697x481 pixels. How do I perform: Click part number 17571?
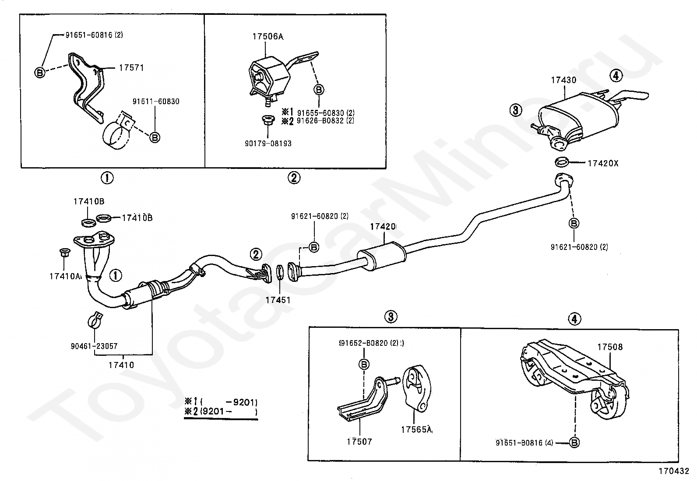tap(131, 68)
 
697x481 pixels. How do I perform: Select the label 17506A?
tap(268, 37)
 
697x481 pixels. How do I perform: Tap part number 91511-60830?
tap(156, 102)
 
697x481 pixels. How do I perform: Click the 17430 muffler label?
tap(563, 80)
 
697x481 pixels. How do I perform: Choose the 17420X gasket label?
tap(603, 163)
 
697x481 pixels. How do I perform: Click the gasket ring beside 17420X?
tap(562, 162)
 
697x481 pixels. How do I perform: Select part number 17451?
tap(278, 300)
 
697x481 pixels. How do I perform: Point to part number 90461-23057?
tap(94, 346)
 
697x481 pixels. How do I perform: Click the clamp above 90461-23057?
tap(95, 320)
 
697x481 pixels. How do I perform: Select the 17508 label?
tap(610, 347)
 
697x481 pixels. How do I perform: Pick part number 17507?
tap(359, 441)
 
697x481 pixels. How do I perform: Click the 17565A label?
tap(416, 430)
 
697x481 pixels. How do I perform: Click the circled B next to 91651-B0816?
tap(575, 443)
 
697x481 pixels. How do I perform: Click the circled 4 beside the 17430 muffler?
tap(616, 76)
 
